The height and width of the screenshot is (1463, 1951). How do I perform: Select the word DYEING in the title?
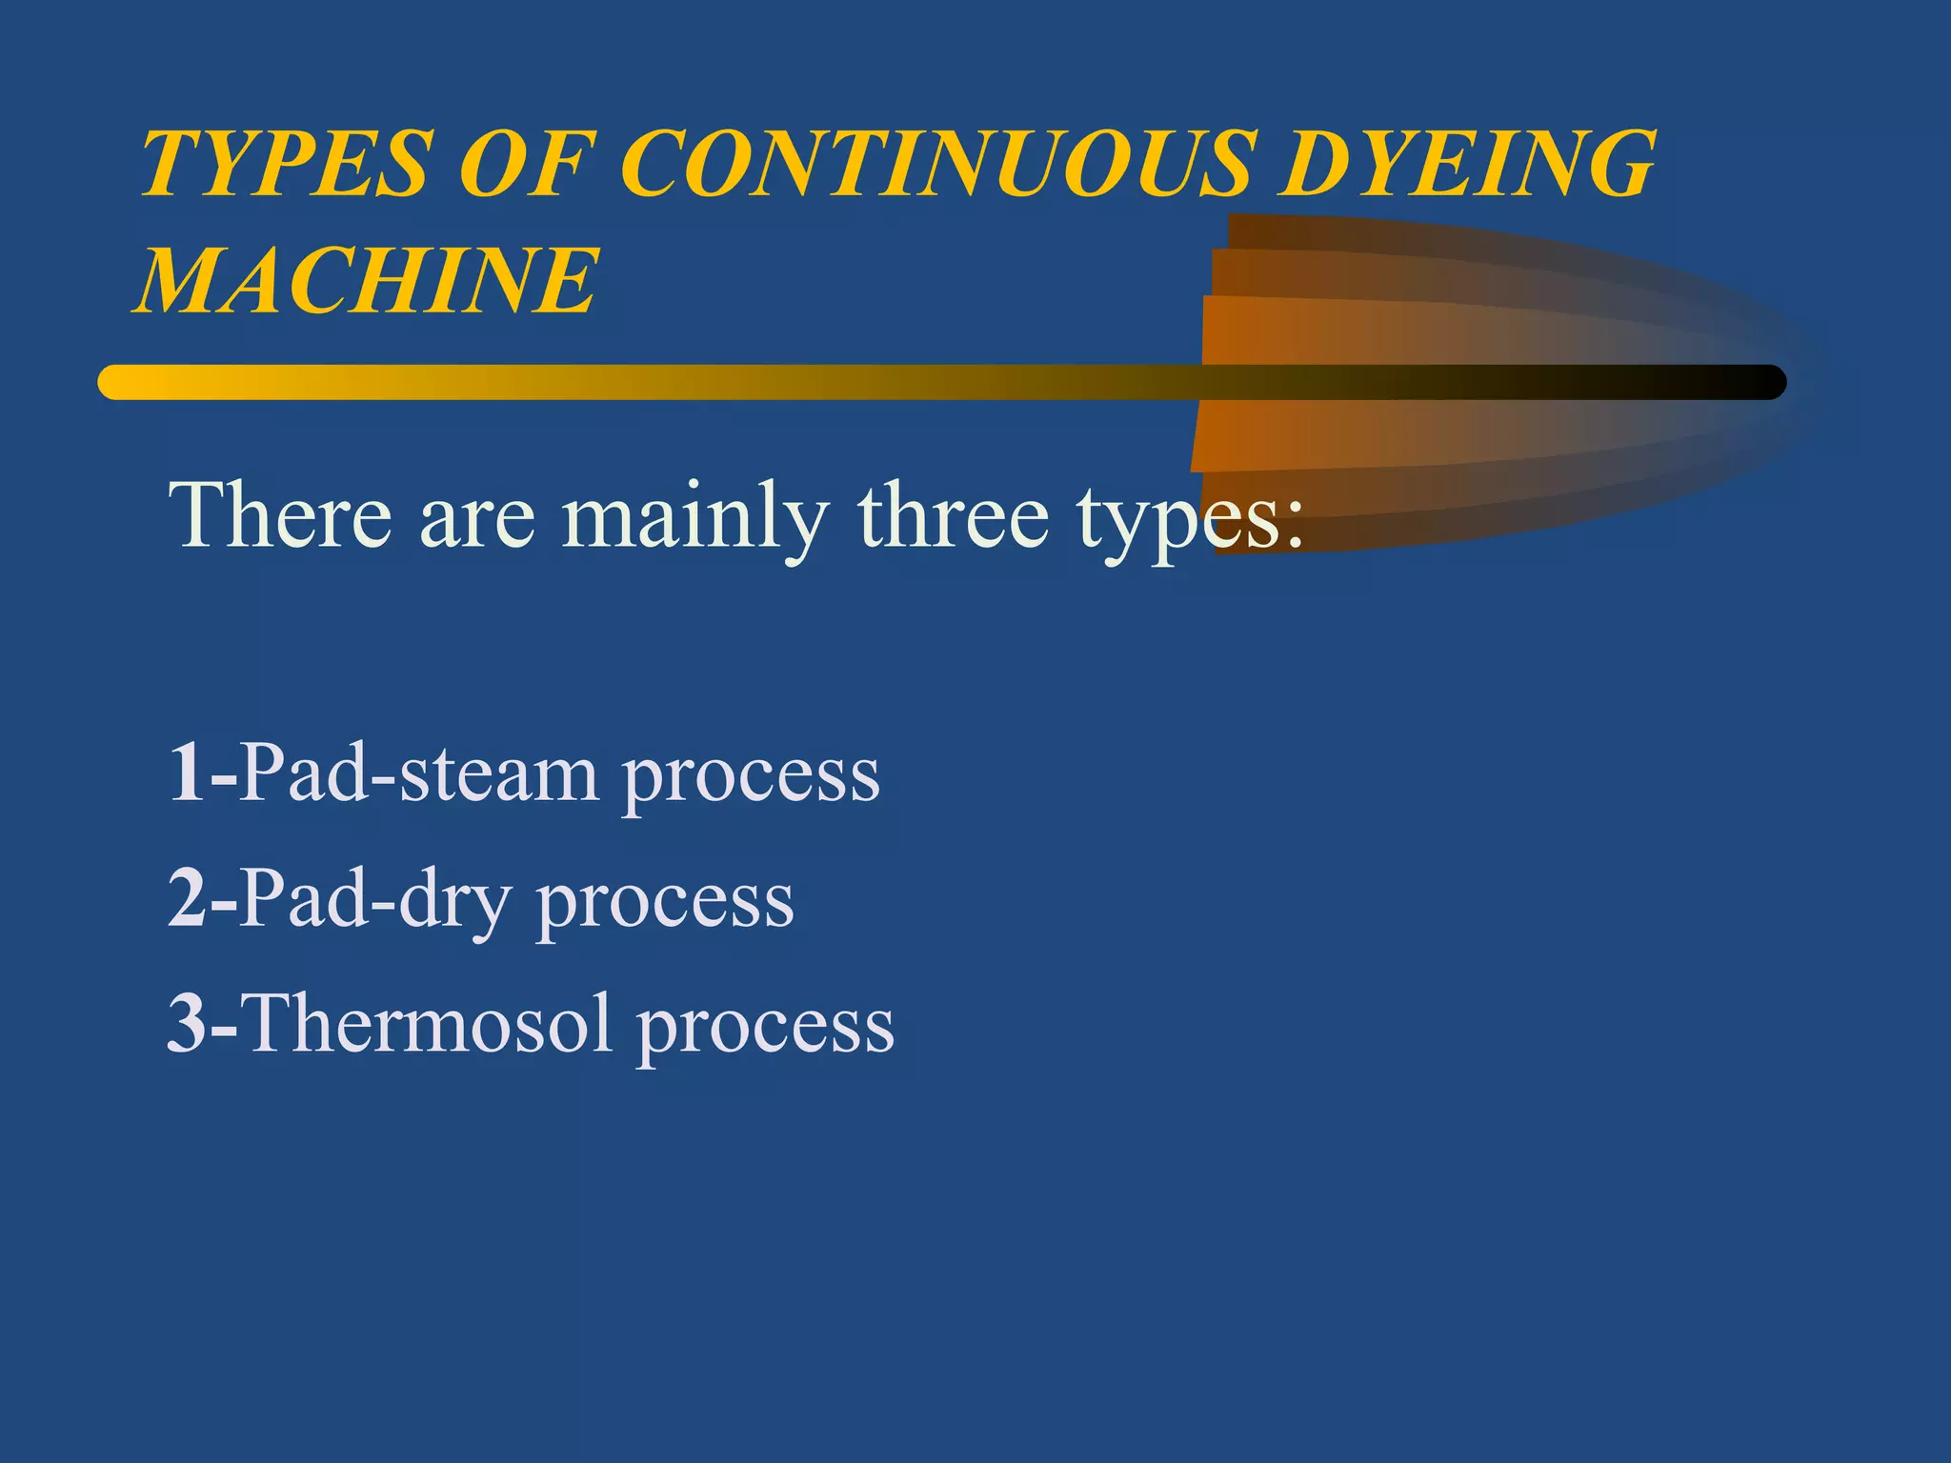1467,164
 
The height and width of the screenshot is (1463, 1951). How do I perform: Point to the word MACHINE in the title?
367,280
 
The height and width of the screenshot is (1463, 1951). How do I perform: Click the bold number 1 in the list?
187,773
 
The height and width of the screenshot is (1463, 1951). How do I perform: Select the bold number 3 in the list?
187,1024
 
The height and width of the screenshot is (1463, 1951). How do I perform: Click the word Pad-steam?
419,773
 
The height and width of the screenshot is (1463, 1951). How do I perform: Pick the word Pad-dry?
375,900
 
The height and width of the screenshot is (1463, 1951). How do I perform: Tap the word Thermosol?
429,1024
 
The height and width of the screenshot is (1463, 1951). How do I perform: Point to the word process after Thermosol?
766,1030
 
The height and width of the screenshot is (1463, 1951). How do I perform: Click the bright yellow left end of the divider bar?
124,382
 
